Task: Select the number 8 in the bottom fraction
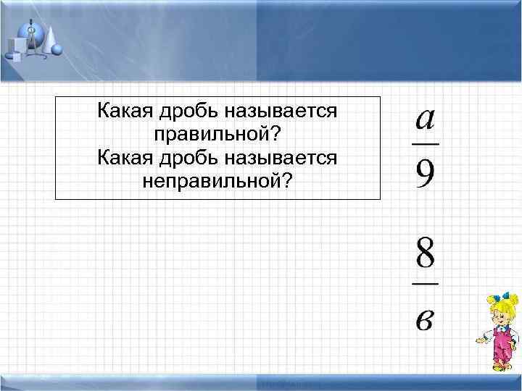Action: pyautogui.click(x=426, y=256)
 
